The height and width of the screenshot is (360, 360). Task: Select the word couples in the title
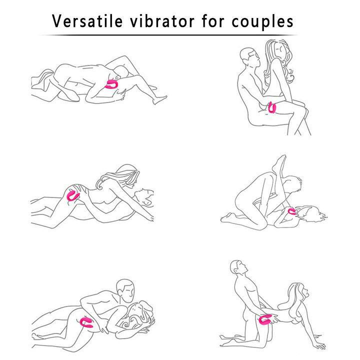tap(265, 21)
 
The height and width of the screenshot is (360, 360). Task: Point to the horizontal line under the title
tap(170, 35)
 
